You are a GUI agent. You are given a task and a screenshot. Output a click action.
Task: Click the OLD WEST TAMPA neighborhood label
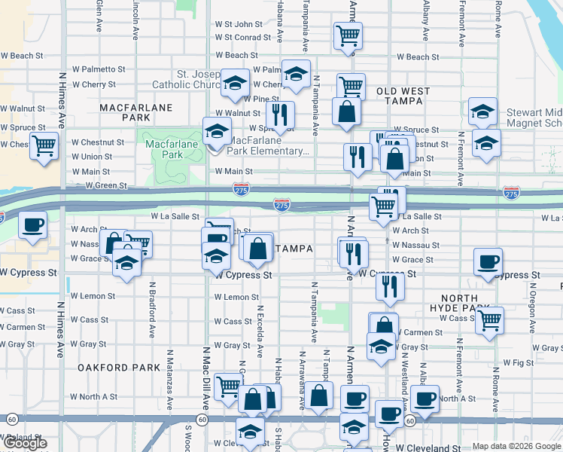pos(403,96)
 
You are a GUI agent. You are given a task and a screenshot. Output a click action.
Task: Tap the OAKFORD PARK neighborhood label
pos(119,368)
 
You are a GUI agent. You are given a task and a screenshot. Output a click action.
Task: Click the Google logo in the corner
pos(24,443)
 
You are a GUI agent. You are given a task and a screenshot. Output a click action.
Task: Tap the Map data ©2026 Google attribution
pos(516,446)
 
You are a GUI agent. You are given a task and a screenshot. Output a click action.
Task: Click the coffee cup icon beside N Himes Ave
pos(32,225)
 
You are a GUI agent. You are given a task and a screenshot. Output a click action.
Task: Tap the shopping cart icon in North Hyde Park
pos(489,319)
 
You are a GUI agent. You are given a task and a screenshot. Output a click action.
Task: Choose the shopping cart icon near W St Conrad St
pos(347,35)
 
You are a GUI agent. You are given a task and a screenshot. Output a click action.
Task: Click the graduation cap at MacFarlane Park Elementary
pos(218,132)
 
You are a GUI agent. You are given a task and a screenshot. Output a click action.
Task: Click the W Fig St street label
pos(518,362)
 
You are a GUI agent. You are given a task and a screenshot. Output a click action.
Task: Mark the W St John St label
pos(238,24)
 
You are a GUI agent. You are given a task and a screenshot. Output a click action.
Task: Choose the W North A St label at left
pos(94,396)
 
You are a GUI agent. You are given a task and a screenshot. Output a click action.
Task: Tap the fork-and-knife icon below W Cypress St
pos(389,286)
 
